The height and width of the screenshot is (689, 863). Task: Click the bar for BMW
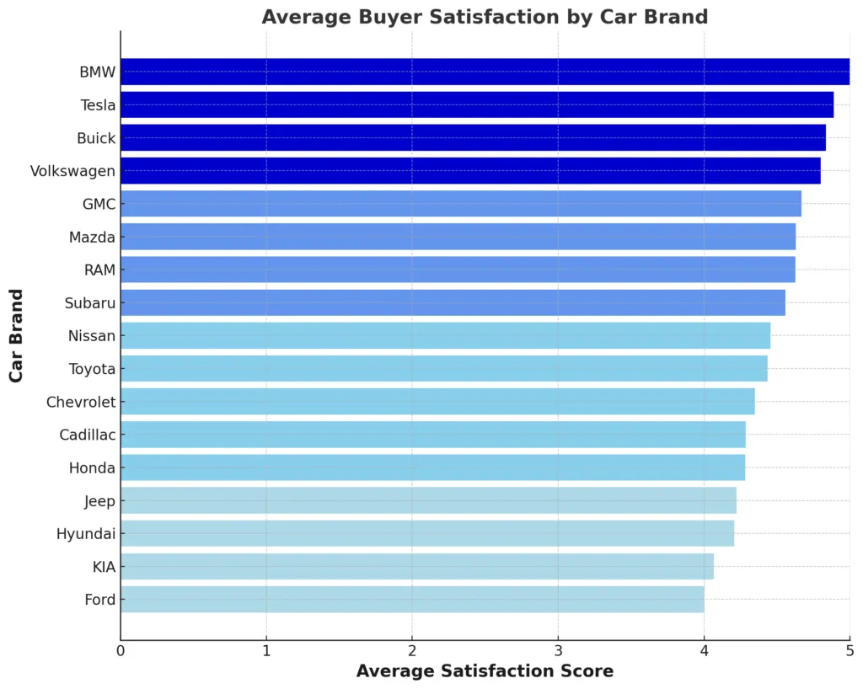[485, 72]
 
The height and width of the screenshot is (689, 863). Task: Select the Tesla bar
[477, 105]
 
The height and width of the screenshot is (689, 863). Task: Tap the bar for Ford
[412, 600]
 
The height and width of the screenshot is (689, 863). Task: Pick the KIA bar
[417, 567]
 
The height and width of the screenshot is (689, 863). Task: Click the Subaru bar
[453, 302]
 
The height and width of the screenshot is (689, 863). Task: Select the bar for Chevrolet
[437, 402]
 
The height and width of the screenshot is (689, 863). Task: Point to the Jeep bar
[428, 501]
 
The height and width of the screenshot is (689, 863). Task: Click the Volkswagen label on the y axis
[72, 171]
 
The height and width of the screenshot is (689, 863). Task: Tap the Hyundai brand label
[85, 534]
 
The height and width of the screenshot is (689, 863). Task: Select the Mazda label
[92, 238]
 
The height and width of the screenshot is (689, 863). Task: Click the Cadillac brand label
[87, 435]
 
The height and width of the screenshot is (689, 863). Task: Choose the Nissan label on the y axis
[91, 336]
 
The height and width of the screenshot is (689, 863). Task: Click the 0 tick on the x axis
[121, 650]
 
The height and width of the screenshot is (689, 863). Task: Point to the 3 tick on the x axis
[558, 650]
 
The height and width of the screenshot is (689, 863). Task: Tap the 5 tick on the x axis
[850, 650]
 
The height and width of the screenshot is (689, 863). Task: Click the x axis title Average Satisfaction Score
[485, 671]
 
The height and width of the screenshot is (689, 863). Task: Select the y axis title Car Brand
[16, 335]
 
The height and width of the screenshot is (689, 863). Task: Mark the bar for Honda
[432, 467]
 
